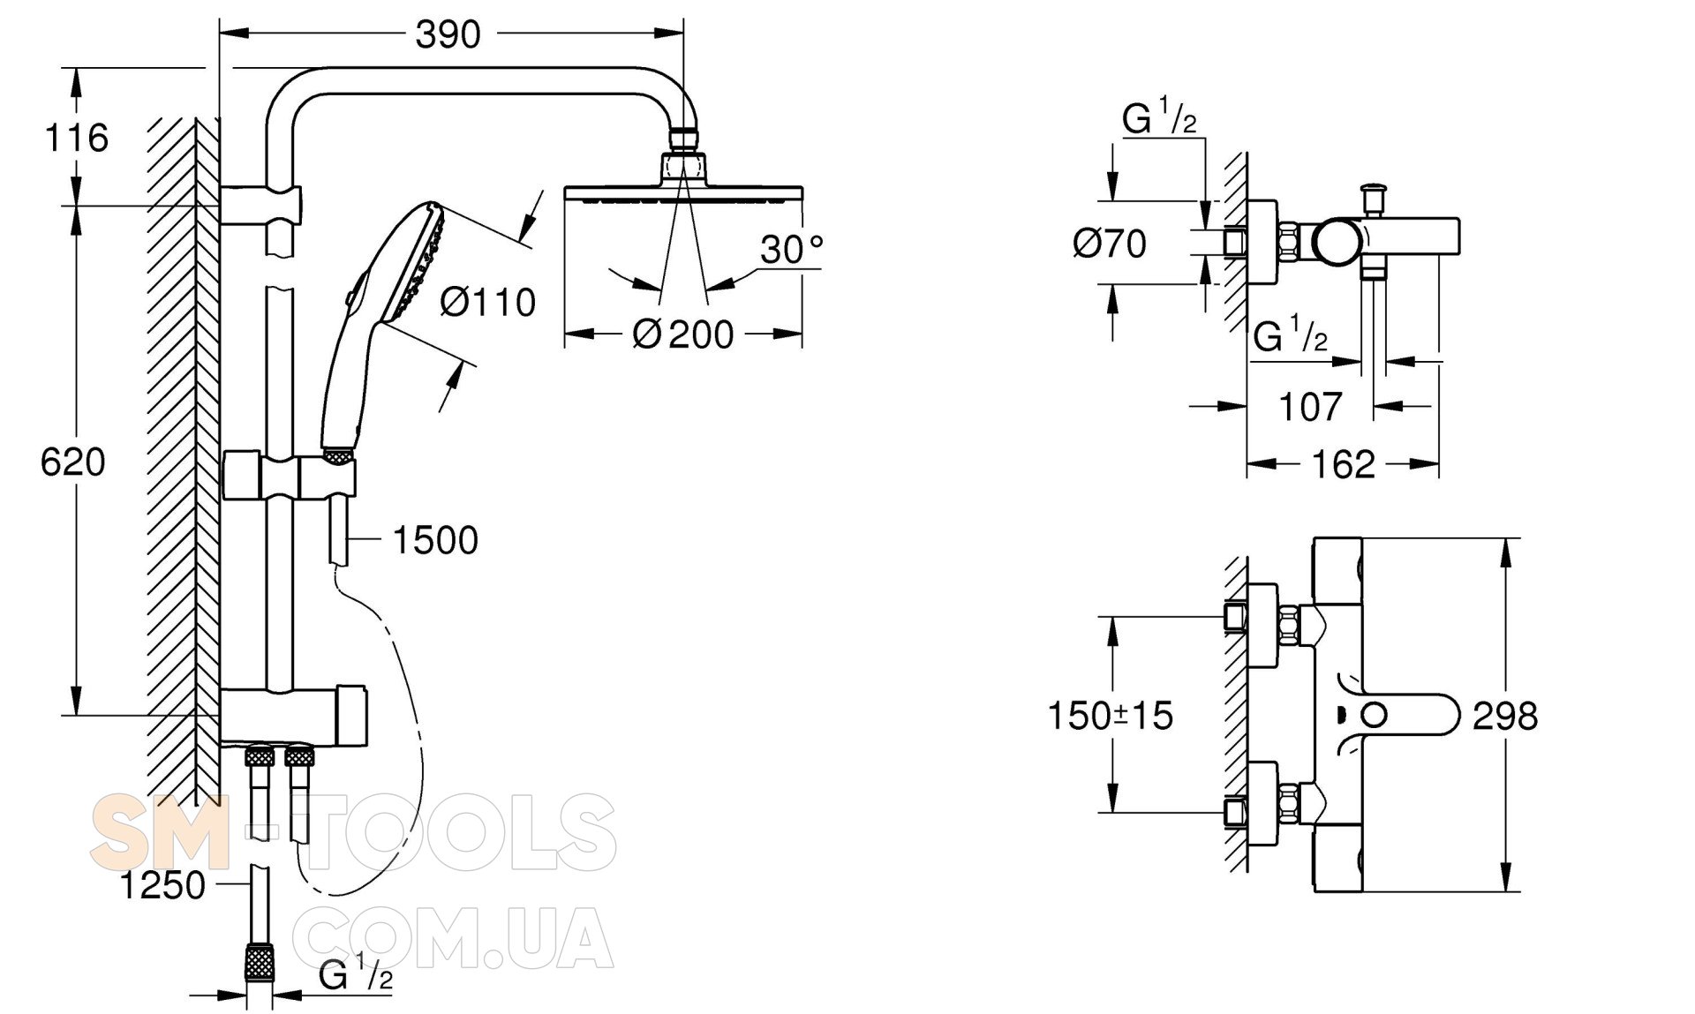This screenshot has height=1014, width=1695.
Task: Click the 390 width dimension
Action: coord(448,34)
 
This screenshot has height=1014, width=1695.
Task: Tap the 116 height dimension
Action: coord(77,138)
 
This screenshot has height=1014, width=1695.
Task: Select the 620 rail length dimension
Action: coord(72,462)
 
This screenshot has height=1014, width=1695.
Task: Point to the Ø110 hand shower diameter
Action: coord(488,303)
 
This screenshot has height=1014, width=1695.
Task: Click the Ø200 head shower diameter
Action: coord(683,334)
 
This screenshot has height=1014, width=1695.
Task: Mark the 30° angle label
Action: coord(791,250)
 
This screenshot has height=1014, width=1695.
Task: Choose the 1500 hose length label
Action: coord(434,540)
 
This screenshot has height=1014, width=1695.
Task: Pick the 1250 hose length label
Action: coord(162,885)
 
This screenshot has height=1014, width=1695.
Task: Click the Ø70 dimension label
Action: coord(1110,243)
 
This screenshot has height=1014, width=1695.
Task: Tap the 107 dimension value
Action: coord(1310,407)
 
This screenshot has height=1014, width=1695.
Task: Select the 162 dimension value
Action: coord(1343,464)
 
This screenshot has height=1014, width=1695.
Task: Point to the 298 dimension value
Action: coord(1505,716)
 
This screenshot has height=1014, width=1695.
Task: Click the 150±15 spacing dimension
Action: coord(1110,716)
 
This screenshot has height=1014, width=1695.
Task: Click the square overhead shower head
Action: coord(683,193)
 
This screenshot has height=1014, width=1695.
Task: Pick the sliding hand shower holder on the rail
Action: coord(328,477)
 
